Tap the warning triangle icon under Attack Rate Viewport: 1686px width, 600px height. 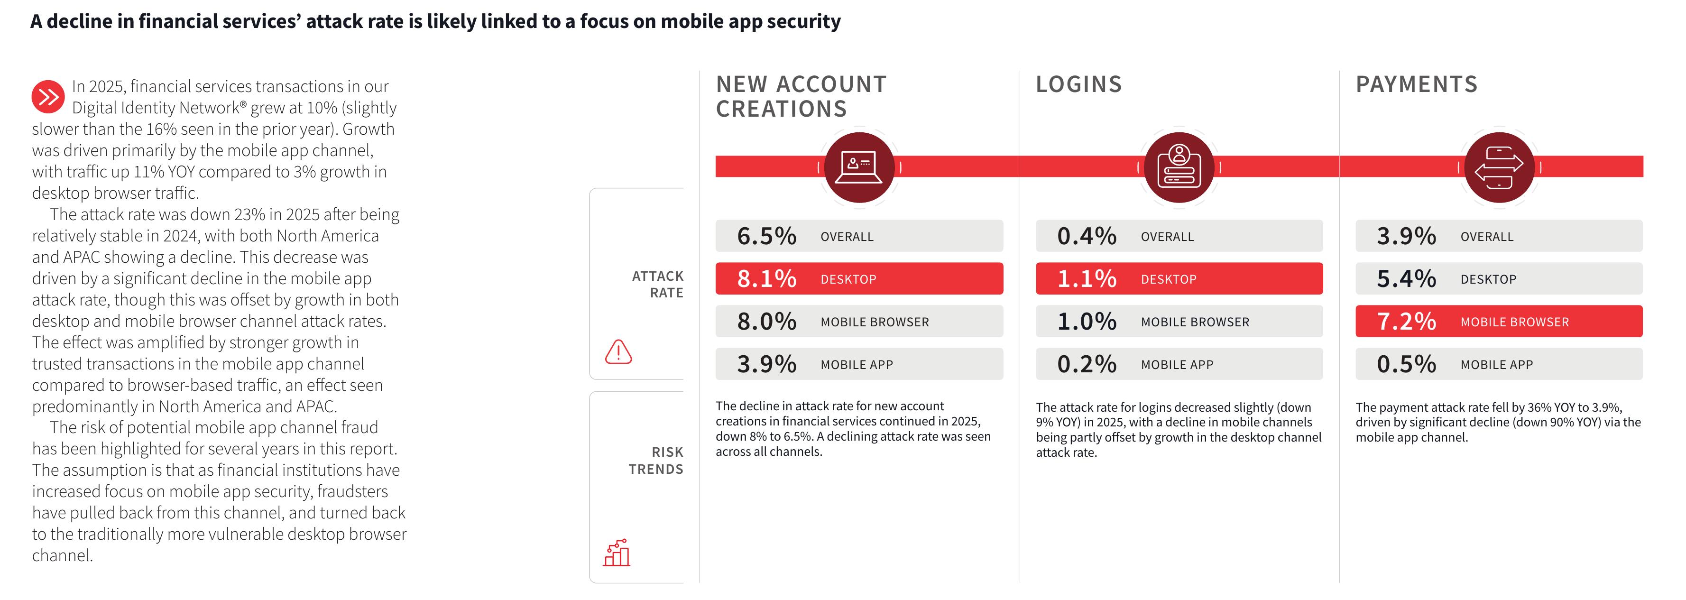coord(618,352)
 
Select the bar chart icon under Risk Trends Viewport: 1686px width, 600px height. coord(617,553)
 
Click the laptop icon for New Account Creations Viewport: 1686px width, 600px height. coord(859,167)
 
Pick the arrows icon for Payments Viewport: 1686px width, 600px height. coord(1499,167)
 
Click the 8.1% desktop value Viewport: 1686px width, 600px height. coord(766,279)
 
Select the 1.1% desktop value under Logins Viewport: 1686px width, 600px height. coord(1087,279)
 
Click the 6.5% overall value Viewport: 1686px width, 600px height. coord(766,236)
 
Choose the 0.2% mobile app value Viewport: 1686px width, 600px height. coord(1087,364)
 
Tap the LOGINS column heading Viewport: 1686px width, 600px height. coord(1078,84)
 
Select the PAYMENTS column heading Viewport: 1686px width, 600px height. coord(1416,84)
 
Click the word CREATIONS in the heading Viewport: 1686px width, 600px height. coord(782,109)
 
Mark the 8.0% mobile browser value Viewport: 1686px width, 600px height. coord(766,321)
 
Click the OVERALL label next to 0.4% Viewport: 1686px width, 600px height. coord(1167,237)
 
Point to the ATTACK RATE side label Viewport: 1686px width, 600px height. coord(657,285)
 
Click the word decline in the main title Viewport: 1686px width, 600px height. coord(79,22)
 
